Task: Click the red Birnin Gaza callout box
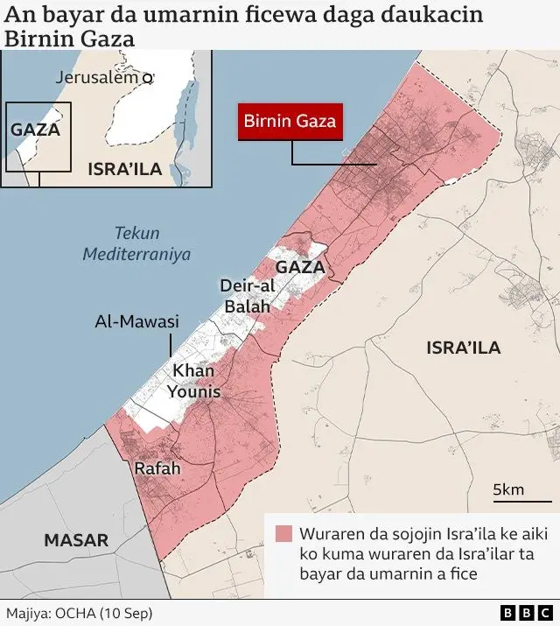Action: point(289,122)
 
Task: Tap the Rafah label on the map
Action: point(157,469)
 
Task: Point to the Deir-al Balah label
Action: point(248,296)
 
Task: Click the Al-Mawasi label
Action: point(136,322)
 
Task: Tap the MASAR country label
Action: point(76,540)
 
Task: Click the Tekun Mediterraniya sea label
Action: point(136,243)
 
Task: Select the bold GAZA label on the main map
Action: point(300,267)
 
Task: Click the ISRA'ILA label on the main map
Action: point(463,348)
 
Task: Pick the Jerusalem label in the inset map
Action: point(96,77)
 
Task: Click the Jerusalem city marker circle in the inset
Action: point(147,78)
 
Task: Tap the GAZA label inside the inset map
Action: point(35,130)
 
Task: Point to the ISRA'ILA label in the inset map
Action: point(125,169)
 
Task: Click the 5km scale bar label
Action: point(508,489)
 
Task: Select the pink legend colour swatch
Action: point(283,534)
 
